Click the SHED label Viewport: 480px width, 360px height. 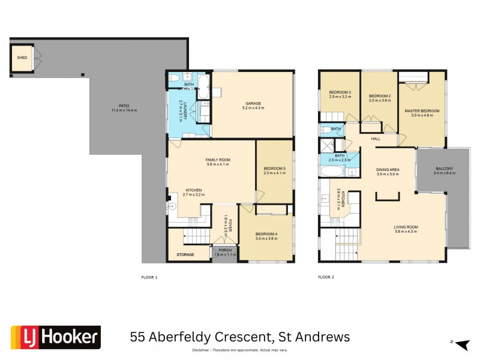tap(22, 58)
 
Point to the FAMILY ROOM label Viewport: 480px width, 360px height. tap(218, 160)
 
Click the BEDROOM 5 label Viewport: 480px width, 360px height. tap(274, 169)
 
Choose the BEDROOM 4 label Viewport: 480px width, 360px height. tap(265, 234)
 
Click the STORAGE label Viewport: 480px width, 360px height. tap(185, 255)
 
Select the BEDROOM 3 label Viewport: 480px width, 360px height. tap(340, 92)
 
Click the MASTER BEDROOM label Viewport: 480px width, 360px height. tap(422, 111)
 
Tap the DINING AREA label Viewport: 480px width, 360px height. tap(388, 170)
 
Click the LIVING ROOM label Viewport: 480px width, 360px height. tap(406, 227)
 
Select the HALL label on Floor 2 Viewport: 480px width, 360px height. tap(376, 139)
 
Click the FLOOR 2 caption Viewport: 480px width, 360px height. tap(326, 277)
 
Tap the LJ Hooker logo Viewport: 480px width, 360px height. tap(55, 337)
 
